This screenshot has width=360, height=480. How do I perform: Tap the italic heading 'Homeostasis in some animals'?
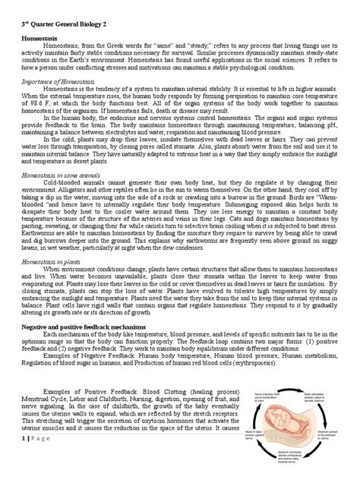tap(61, 174)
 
